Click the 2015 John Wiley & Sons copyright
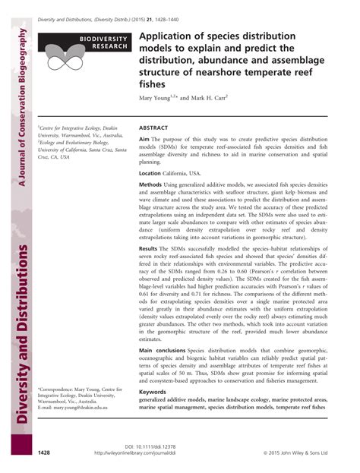(x=298, y=453)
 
